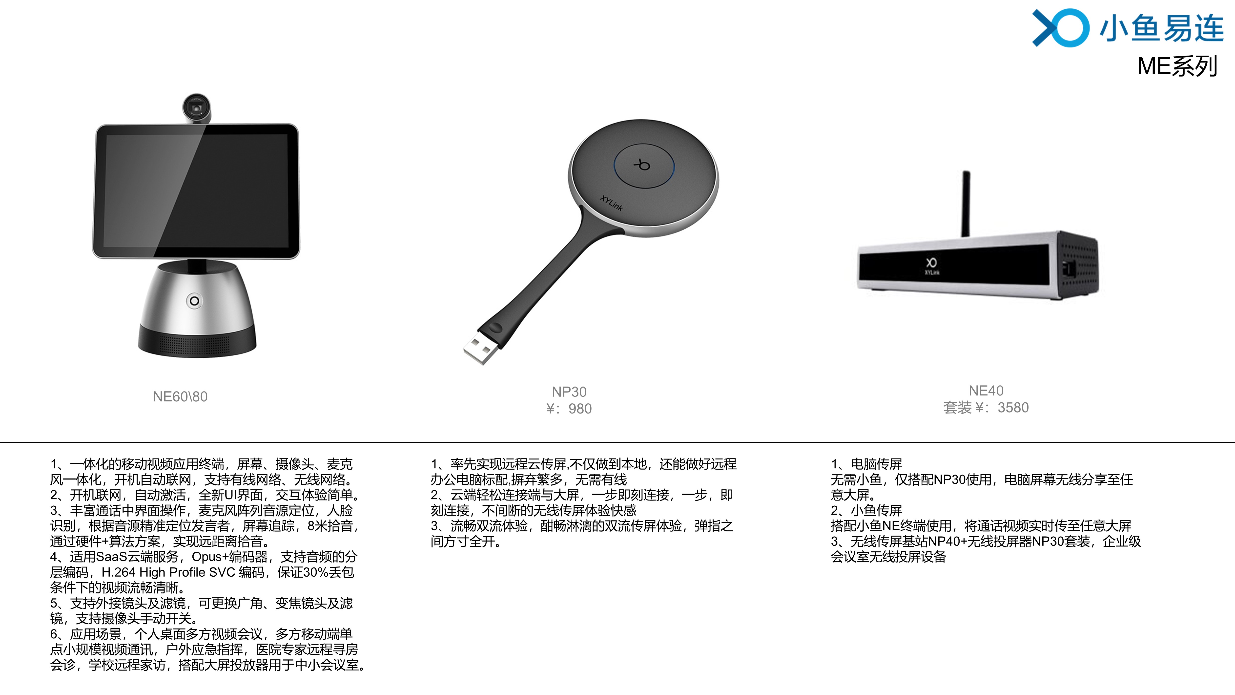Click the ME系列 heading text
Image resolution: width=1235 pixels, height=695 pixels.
click(x=1177, y=66)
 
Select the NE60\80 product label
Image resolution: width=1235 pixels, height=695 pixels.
click(x=180, y=397)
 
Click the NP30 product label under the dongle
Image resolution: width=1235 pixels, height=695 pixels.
click(x=569, y=392)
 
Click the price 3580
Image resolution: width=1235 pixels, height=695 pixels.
click(x=1013, y=408)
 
